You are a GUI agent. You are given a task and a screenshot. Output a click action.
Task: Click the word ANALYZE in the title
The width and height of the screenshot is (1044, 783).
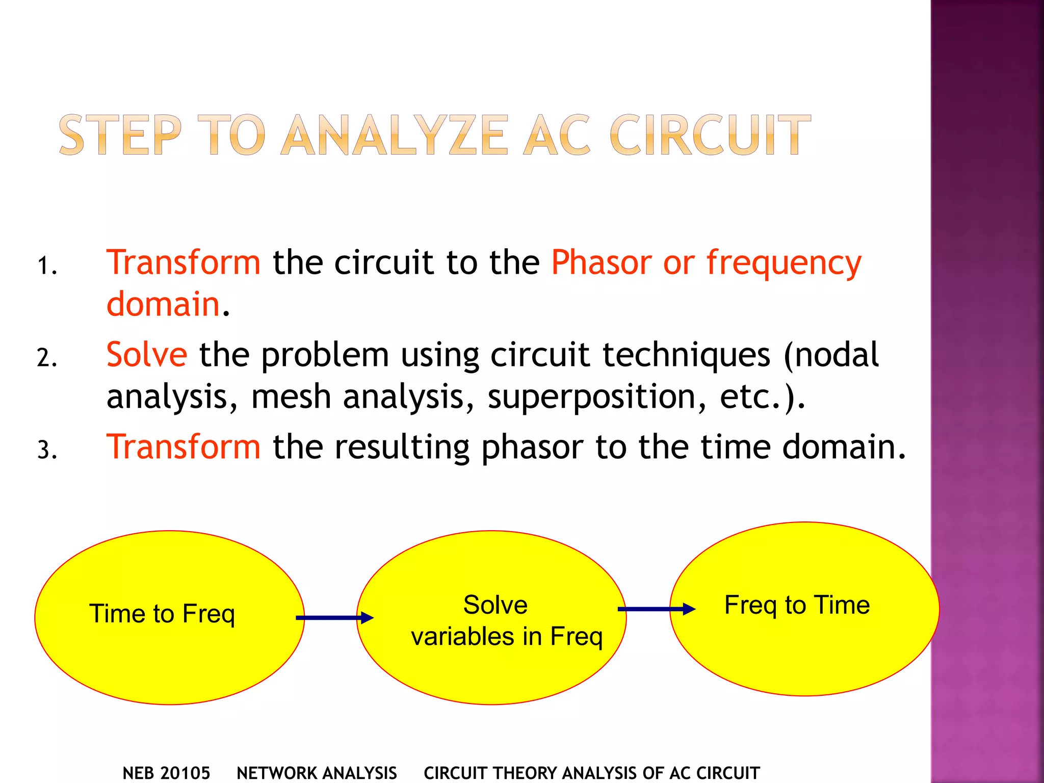click(x=395, y=135)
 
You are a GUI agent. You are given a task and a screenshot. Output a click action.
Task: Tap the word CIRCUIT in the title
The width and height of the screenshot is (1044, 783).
click(x=710, y=135)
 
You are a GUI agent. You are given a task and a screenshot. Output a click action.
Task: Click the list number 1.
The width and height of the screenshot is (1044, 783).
click(x=46, y=266)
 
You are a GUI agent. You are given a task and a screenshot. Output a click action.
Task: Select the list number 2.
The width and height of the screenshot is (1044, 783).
click(x=46, y=357)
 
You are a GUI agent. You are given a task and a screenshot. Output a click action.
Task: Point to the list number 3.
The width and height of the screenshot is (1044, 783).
click(x=46, y=450)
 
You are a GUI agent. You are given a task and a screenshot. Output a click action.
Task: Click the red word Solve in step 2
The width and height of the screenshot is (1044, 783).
click(x=147, y=354)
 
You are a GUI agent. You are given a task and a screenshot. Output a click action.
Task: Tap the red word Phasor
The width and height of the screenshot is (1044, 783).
click(x=602, y=263)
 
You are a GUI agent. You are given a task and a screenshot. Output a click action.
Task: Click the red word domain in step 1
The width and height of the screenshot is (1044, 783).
click(x=163, y=304)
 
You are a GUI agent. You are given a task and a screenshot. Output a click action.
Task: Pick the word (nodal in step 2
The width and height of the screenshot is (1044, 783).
click(x=831, y=354)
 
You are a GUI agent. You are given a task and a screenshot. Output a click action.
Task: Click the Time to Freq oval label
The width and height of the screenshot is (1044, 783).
click(x=162, y=613)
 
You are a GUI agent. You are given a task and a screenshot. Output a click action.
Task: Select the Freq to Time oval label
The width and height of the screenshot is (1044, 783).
click(x=797, y=605)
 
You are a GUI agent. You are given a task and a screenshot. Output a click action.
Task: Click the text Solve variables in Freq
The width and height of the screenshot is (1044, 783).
click(x=506, y=620)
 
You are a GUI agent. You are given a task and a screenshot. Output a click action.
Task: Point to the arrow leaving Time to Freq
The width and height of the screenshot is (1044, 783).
click(x=334, y=618)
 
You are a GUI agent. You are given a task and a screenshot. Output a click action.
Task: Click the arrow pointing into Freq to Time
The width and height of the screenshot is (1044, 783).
click(x=657, y=609)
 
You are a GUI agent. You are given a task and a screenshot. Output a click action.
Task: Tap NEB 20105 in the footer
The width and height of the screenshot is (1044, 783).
click(x=166, y=773)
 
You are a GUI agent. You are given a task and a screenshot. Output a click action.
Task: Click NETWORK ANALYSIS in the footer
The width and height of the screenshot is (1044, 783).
click(x=317, y=773)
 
